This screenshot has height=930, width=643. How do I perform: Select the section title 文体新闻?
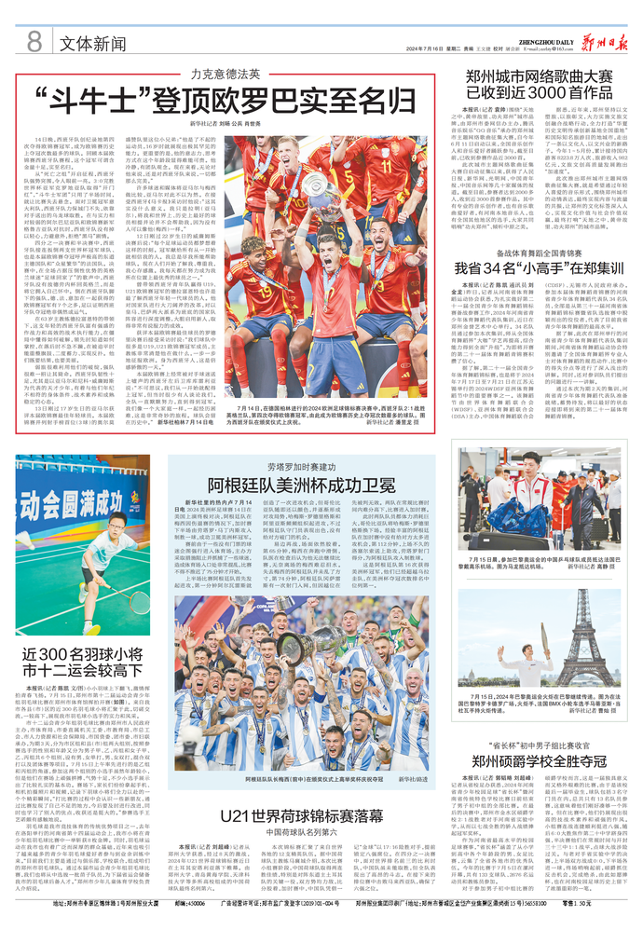(93, 43)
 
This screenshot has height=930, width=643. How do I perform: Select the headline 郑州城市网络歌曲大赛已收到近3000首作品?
(540, 85)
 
